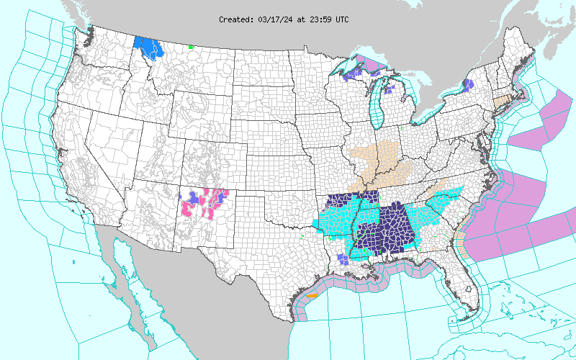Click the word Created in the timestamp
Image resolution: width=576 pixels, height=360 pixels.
click(235, 19)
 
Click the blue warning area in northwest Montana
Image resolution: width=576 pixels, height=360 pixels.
click(149, 48)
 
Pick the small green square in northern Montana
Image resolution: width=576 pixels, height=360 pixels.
click(191, 47)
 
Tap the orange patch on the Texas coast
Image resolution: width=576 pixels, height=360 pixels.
click(312, 294)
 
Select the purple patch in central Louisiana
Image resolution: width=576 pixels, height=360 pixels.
click(343, 258)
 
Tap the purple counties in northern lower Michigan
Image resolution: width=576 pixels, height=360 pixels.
click(390, 91)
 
